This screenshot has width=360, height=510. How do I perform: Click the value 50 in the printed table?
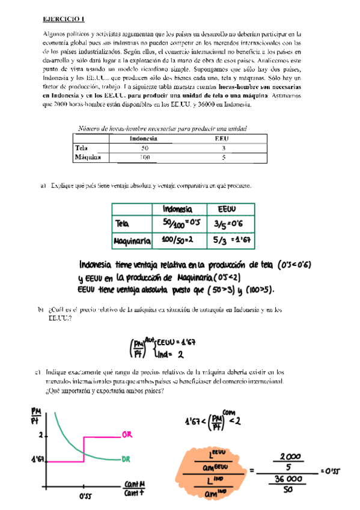click(144, 148)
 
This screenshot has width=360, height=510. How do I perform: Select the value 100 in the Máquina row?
click(144, 158)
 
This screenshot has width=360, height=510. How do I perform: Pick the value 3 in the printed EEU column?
click(224, 148)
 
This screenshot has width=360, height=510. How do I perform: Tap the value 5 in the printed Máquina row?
click(224, 158)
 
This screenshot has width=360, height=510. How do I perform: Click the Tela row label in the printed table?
click(81, 148)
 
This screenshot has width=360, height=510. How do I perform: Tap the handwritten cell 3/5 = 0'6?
click(227, 224)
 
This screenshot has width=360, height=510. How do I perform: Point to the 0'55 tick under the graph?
click(84, 497)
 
